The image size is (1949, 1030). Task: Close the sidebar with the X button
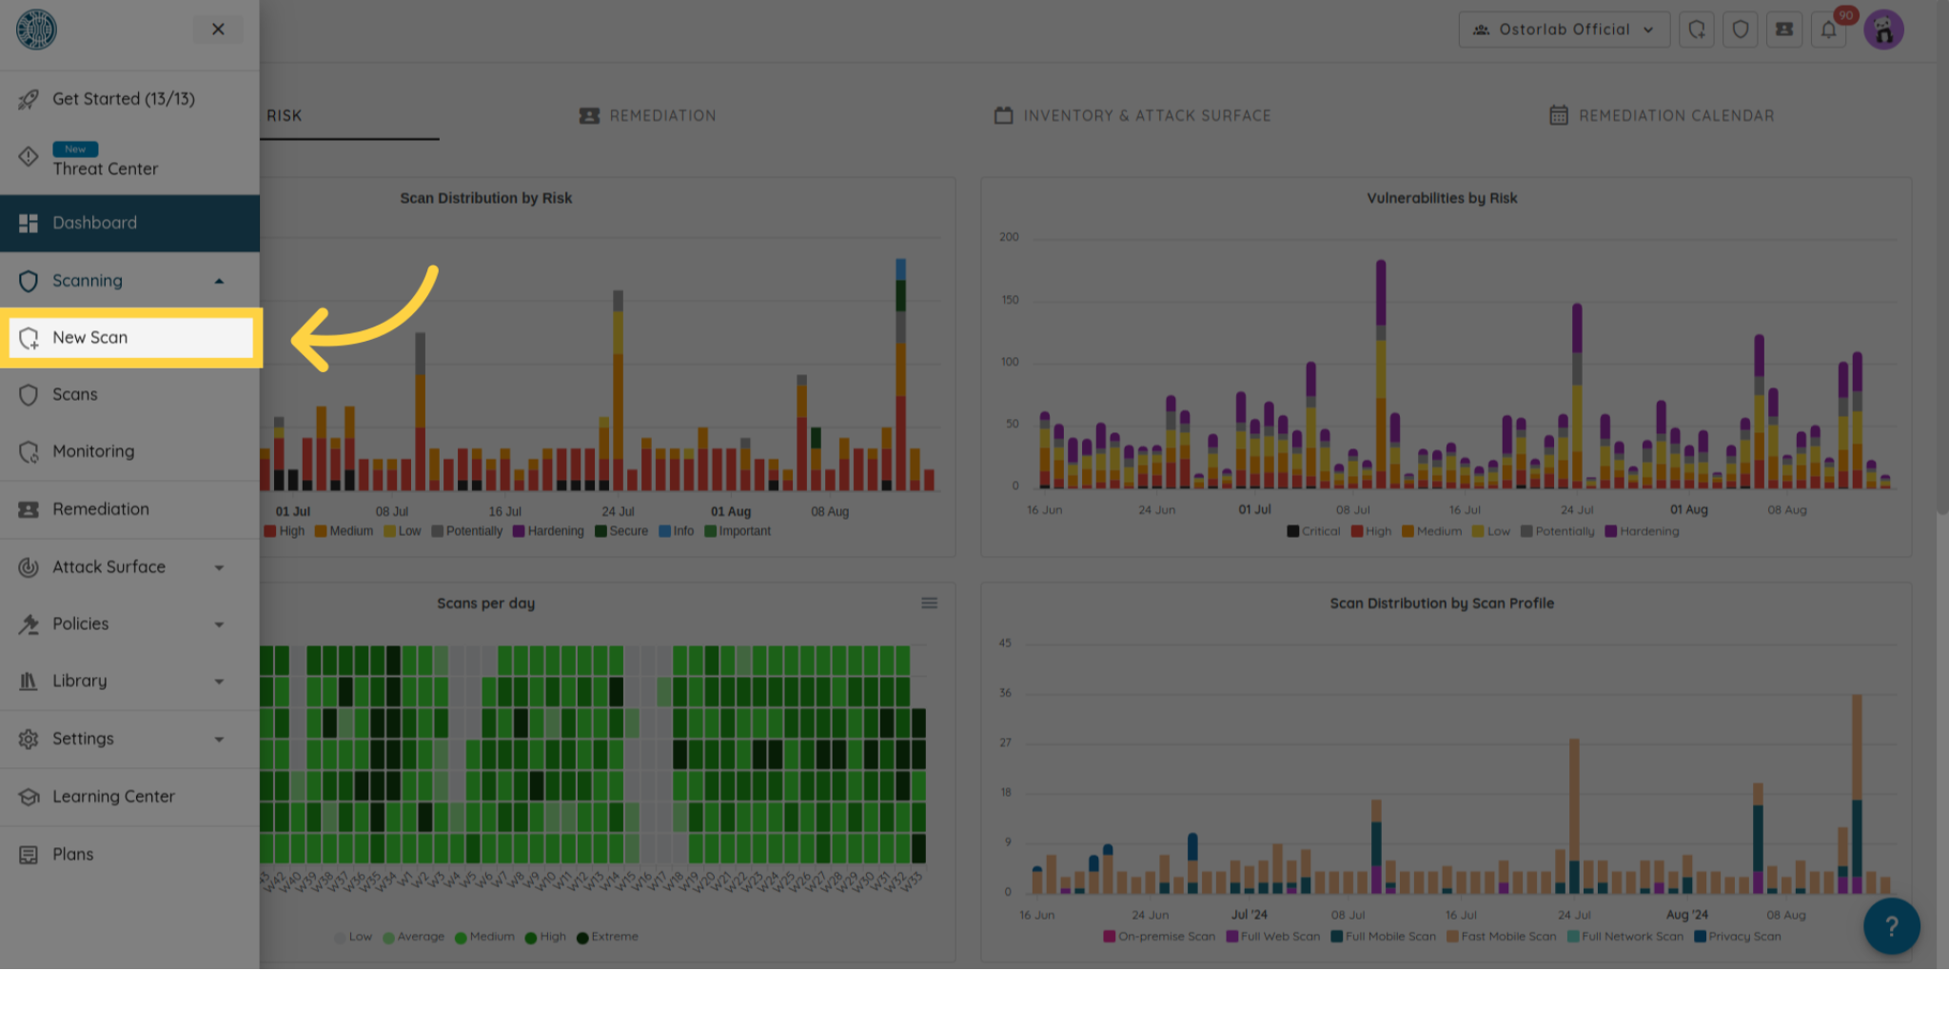point(218,30)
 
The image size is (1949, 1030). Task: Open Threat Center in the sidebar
point(105,168)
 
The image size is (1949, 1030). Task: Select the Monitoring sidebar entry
point(93,451)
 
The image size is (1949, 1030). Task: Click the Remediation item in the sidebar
point(100,509)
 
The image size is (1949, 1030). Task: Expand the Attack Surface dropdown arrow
point(220,567)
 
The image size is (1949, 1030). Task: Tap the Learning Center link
point(113,797)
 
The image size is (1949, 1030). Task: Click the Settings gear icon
point(29,739)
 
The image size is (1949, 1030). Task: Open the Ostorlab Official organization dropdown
point(1564,30)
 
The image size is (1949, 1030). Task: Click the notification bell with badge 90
point(1828,30)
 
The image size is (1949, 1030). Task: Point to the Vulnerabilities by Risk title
point(1442,198)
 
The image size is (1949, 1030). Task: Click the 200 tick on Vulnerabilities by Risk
point(1009,237)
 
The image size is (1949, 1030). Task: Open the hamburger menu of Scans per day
point(929,604)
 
